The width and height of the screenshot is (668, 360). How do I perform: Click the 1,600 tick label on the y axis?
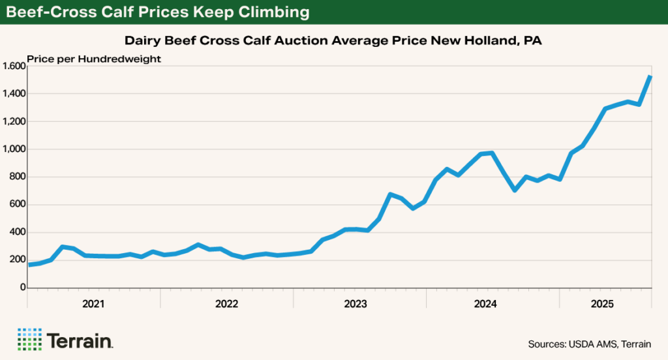[13, 66]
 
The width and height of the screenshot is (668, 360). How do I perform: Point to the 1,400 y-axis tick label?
[13, 94]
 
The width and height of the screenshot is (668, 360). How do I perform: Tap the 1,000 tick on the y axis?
[13, 149]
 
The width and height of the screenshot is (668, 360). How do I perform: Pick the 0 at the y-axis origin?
[22, 288]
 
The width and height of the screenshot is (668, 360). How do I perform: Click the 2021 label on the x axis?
[93, 303]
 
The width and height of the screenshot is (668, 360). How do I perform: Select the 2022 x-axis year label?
[226, 303]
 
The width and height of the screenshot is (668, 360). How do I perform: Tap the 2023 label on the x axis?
[356, 303]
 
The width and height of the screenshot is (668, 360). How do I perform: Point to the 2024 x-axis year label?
[486, 303]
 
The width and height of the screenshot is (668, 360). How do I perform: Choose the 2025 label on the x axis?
[602, 303]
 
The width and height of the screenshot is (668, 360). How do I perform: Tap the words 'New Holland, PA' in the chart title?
[497, 40]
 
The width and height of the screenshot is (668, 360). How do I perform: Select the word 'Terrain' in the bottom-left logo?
[80, 340]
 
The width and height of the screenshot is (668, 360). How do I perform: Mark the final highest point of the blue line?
[650, 77]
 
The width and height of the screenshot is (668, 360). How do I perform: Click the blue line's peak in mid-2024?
[491, 153]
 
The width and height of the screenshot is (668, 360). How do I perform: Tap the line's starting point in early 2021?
[29, 264]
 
